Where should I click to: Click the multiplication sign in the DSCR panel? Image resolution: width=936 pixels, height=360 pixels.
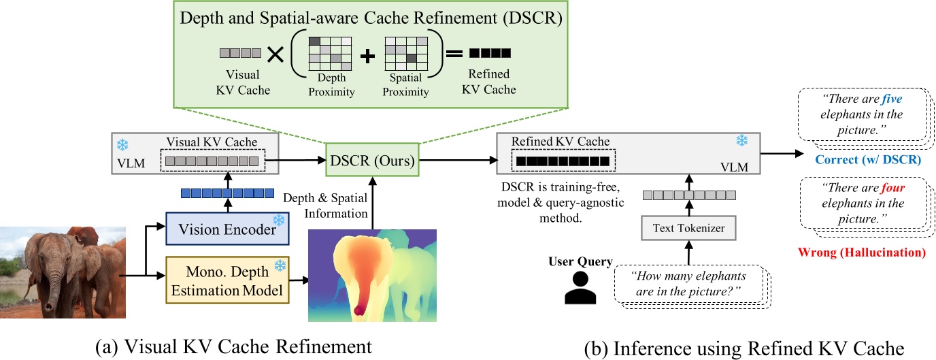point(275,56)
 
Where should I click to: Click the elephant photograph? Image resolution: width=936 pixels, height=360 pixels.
point(63,274)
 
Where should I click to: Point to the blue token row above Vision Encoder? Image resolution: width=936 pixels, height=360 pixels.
point(227,193)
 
